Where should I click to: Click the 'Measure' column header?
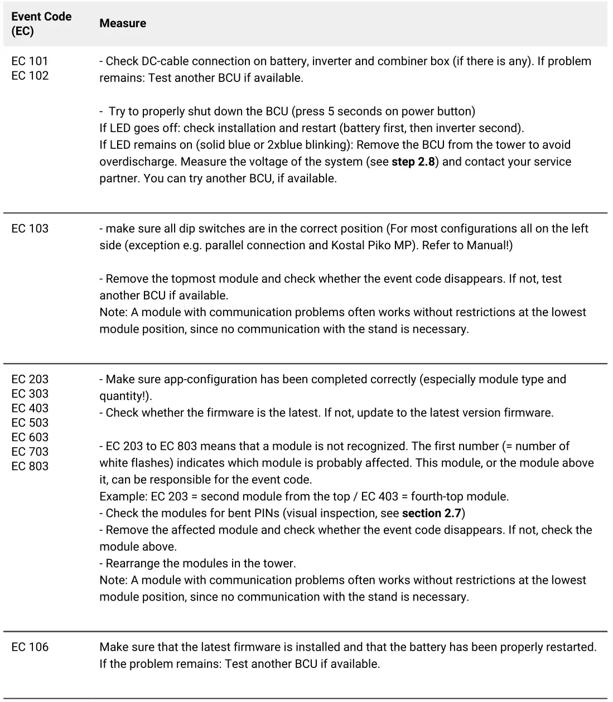[123, 23]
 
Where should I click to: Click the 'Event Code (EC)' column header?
[41, 23]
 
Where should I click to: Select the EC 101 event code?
[30, 61]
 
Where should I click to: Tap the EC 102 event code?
[30, 76]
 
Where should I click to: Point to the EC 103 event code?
[30, 229]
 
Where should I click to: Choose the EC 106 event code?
[30, 647]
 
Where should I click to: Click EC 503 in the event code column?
[30, 423]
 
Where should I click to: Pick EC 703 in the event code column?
[30, 452]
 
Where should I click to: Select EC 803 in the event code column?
[30, 466]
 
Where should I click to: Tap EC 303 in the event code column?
[30, 394]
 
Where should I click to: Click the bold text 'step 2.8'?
[413, 162]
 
